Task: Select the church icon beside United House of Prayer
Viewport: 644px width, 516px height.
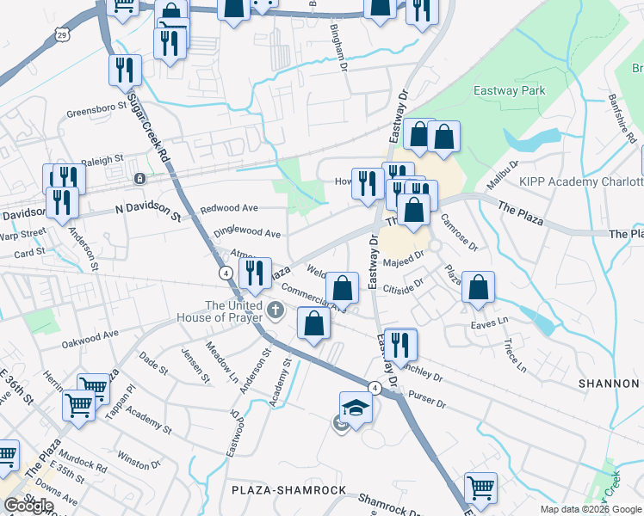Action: (275, 310)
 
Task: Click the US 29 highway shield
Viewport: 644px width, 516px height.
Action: (60, 33)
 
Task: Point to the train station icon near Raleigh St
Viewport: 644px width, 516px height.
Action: (139, 179)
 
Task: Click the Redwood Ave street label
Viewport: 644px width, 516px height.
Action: (229, 209)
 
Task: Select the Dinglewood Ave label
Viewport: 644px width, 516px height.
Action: (247, 233)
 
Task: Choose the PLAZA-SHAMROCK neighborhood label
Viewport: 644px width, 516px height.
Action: (288, 490)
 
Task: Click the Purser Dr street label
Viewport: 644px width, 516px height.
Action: (428, 402)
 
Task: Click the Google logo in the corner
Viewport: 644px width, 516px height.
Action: (28, 506)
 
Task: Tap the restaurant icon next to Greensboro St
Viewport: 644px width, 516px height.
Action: (126, 71)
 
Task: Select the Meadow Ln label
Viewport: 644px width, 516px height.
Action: (221, 362)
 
